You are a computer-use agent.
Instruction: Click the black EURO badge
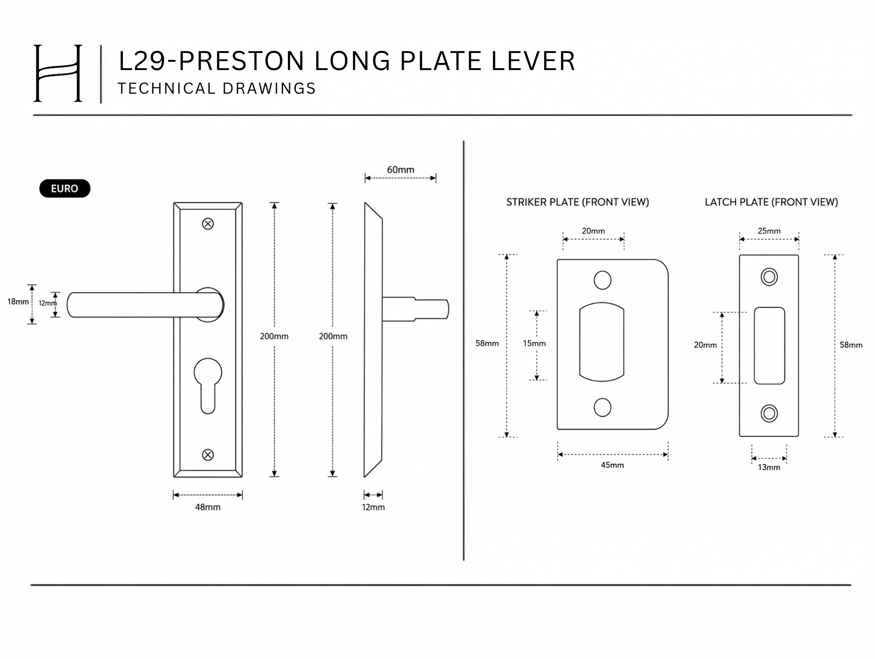[x=65, y=188]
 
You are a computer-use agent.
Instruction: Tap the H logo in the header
[x=58, y=73]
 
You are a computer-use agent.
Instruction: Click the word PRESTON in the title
[x=241, y=60]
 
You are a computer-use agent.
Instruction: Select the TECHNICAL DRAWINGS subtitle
[x=217, y=88]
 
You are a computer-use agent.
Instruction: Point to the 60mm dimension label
[x=400, y=169]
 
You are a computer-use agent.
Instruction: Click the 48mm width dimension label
[x=208, y=507]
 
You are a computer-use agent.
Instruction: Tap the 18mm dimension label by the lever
[x=18, y=301]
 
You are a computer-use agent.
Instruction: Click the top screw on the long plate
[x=208, y=224]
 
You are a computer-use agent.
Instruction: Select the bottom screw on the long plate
[x=208, y=455]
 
